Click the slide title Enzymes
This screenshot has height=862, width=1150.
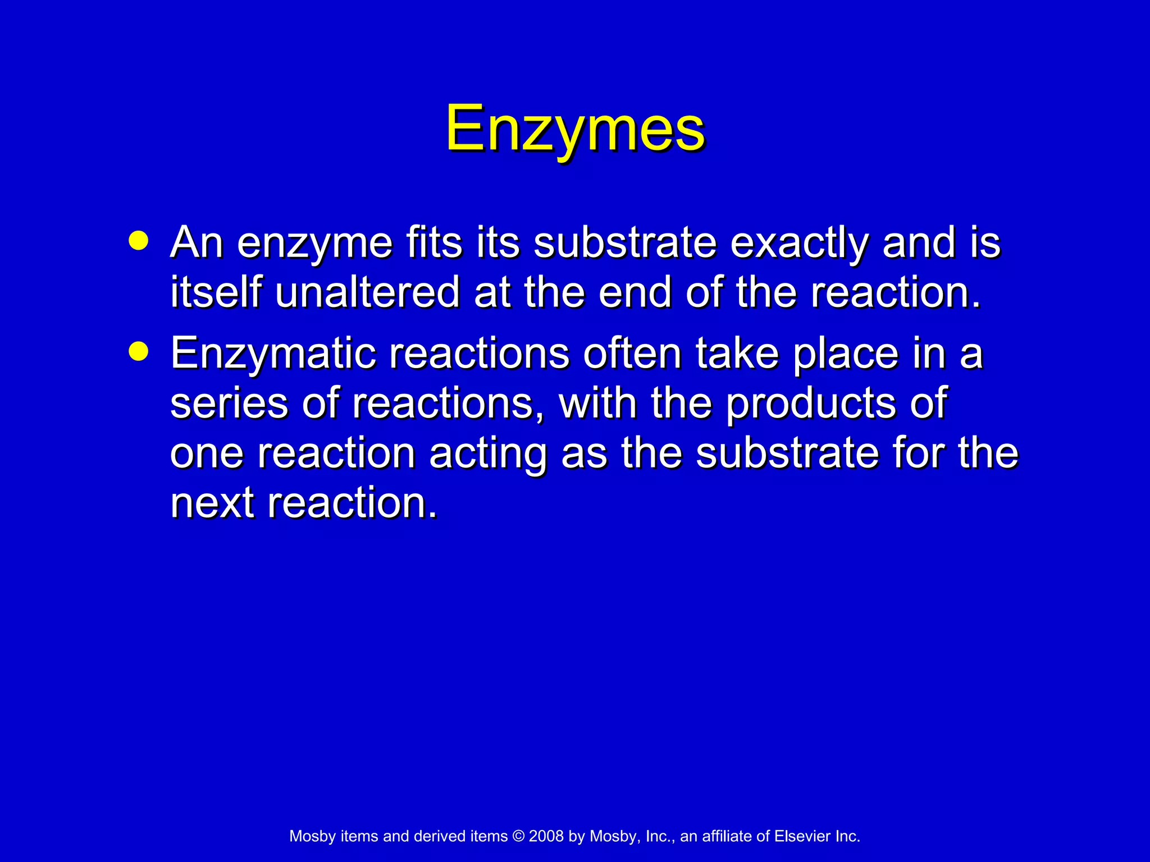(575, 129)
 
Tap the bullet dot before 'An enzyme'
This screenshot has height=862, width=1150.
(138, 241)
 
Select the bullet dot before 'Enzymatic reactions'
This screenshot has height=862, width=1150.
(138, 352)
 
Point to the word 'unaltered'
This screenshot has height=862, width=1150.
(367, 293)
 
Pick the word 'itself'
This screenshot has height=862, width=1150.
(216, 293)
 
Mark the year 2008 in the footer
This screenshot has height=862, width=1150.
(546, 836)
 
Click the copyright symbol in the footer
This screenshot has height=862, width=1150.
(518, 836)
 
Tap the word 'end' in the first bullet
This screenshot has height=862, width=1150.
(635, 293)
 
